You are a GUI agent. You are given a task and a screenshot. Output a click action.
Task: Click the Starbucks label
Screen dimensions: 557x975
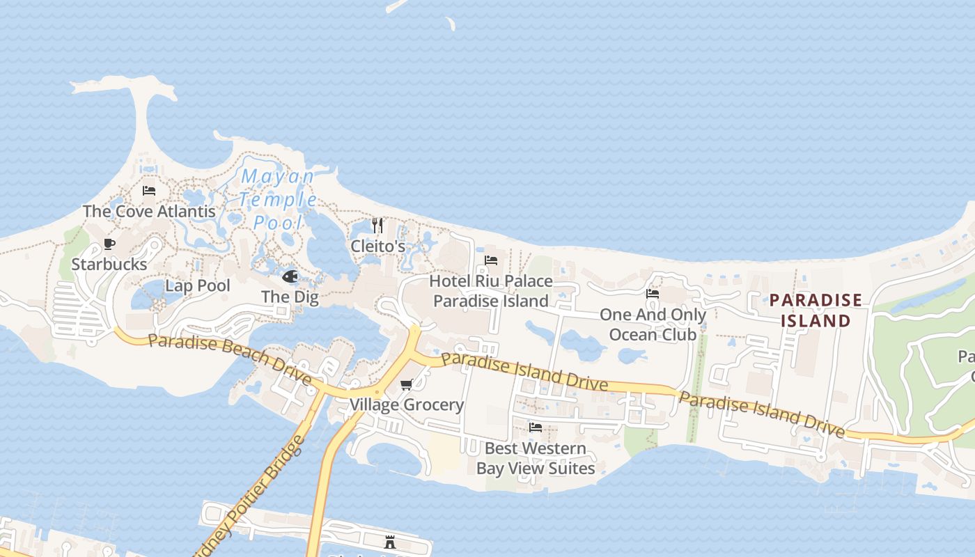click(109, 265)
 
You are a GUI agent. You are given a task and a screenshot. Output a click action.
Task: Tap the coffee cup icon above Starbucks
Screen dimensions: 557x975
click(109, 244)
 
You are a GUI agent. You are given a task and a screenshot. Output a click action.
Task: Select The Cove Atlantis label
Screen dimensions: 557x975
click(149, 211)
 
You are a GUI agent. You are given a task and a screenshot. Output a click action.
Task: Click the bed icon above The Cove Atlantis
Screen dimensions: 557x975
click(149, 191)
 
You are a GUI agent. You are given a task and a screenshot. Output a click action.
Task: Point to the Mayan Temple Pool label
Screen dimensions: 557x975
click(278, 200)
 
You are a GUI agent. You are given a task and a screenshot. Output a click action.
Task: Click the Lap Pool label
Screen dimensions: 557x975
click(198, 285)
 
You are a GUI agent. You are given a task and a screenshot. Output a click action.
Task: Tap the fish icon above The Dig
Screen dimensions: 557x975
click(290, 277)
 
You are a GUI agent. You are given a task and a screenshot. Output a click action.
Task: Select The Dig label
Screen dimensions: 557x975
click(290, 297)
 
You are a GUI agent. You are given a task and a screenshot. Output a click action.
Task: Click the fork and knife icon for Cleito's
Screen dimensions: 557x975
click(377, 226)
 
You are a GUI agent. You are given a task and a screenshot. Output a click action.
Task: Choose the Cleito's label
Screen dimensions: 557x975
click(377, 246)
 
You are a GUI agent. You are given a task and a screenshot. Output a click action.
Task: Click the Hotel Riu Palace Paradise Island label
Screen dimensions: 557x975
click(491, 291)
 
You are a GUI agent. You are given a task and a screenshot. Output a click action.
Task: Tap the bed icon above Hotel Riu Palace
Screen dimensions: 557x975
click(491, 260)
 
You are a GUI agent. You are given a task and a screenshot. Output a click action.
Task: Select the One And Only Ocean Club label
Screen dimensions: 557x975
click(653, 324)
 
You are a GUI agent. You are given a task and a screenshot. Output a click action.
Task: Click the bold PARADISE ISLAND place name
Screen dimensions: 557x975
click(816, 311)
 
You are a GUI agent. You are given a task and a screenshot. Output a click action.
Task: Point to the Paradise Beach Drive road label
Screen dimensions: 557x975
click(230, 356)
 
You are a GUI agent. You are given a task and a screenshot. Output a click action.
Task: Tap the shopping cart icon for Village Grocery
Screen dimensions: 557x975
click(407, 385)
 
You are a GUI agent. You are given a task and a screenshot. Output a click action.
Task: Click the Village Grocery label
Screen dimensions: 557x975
click(407, 405)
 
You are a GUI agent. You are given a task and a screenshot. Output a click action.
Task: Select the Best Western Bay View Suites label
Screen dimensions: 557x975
click(536, 458)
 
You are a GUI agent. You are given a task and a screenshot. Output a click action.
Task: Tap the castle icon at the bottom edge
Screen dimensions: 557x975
click(390, 542)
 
